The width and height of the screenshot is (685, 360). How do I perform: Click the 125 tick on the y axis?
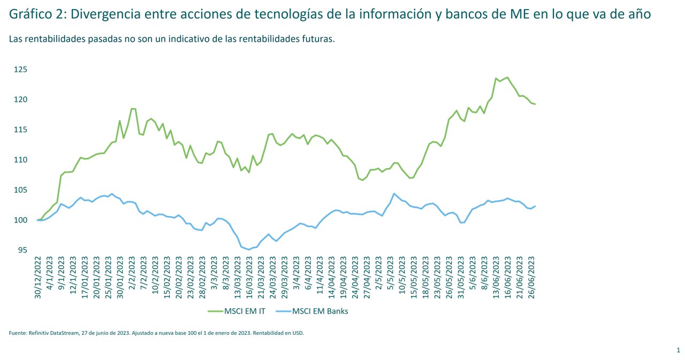pos(21,70)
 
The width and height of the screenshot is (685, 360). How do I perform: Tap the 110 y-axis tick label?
pos(21,160)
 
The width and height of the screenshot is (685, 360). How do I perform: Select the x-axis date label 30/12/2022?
pos(38,278)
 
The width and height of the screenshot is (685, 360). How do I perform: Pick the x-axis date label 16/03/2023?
pos(249,278)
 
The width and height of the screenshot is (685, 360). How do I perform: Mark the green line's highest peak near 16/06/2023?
pos(507,77)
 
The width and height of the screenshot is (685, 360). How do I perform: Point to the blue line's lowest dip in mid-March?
pos(249,249)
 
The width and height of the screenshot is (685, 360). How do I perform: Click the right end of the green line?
pos(535,104)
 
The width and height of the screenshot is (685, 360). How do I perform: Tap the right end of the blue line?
pos(535,206)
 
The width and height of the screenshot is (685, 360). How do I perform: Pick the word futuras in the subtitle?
pos(317,39)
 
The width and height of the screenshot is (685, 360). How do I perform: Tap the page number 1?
pos(678,350)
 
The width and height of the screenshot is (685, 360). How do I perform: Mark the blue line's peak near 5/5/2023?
pos(394,194)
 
